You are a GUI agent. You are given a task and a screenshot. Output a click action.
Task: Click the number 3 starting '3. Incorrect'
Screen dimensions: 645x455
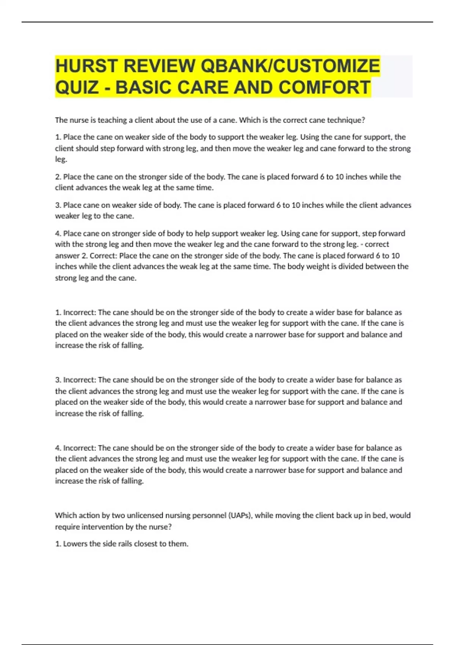click(x=58, y=380)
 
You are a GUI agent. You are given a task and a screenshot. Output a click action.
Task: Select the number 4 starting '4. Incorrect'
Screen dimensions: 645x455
click(x=58, y=448)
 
